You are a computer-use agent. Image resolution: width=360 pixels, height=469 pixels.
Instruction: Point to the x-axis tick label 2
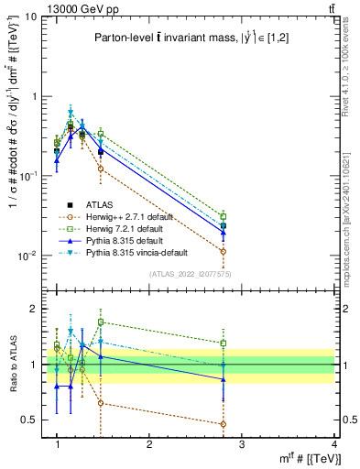(x=149, y=444)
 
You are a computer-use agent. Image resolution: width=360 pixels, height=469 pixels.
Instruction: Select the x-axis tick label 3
(x=242, y=444)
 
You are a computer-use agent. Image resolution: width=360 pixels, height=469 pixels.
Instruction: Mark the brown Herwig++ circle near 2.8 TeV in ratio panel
(x=224, y=424)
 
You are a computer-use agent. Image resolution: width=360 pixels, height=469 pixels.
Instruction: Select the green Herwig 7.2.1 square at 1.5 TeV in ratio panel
(x=101, y=322)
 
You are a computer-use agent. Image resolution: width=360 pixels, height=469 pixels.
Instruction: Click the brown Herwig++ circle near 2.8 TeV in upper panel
(x=224, y=250)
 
